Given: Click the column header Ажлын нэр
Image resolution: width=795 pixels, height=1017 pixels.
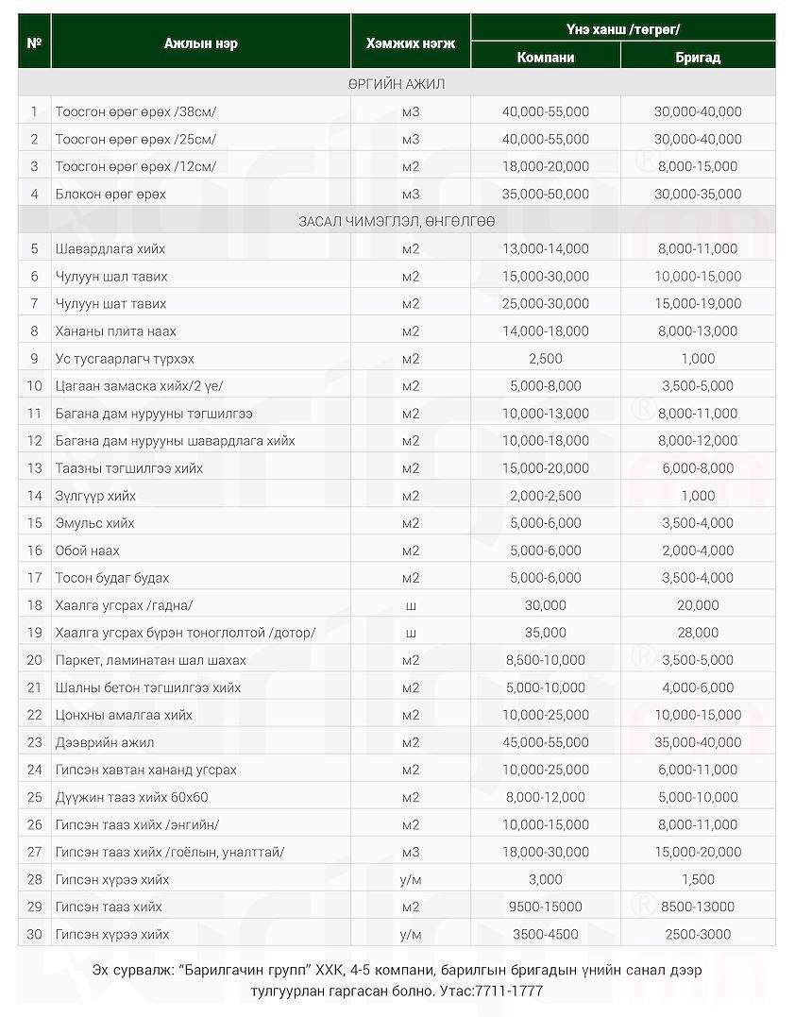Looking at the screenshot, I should [200, 43].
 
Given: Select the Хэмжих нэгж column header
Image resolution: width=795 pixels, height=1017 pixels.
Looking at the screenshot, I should [410, 43].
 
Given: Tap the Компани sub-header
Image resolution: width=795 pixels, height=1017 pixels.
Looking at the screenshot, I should [546, 57].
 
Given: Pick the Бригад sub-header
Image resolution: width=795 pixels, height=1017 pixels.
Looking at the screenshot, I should [698, 57].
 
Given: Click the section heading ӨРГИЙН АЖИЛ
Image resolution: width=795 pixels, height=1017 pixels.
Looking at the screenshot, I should [397, 84].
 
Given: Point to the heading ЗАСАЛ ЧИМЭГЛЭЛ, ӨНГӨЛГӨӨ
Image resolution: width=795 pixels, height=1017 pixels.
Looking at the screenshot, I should [397, 221].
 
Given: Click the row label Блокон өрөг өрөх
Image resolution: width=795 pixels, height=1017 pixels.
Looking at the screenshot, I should [110, 194].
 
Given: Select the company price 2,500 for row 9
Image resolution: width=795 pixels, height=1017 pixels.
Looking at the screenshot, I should [546, 359].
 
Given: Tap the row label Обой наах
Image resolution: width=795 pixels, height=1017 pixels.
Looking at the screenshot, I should [88, 551].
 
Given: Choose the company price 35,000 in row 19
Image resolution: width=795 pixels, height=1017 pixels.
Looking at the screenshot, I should [546, 633].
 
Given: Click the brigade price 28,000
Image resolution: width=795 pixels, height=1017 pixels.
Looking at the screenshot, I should [698, 633].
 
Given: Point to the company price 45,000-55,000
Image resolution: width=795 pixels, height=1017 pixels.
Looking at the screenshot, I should [546, 742].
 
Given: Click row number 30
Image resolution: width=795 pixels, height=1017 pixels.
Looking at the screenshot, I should [35, 935].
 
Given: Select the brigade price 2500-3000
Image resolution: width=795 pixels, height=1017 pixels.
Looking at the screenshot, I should [698, 935].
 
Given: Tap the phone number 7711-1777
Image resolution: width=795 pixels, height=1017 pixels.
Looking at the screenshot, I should [513, 992].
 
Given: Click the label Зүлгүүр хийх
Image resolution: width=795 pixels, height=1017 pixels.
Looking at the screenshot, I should [95, 496].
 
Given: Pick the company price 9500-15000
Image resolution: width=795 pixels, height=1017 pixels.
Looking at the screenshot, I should [546, 907].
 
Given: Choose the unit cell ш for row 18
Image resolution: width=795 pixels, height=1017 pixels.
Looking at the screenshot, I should [410, 605].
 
